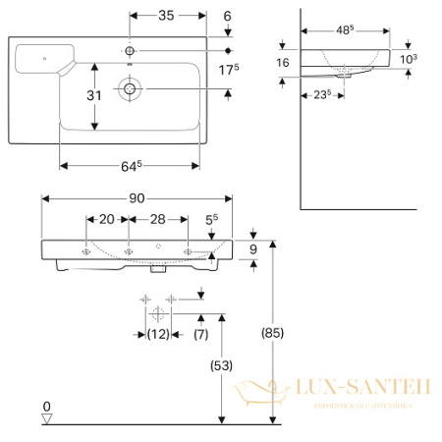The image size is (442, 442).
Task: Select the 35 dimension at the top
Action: coord(166,17)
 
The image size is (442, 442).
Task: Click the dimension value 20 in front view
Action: coord(107,220)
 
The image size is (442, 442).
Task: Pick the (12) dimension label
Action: coord(157,335)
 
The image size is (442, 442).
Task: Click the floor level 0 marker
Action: coord(46,408)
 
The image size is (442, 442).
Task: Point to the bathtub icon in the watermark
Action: coord(267,393)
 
